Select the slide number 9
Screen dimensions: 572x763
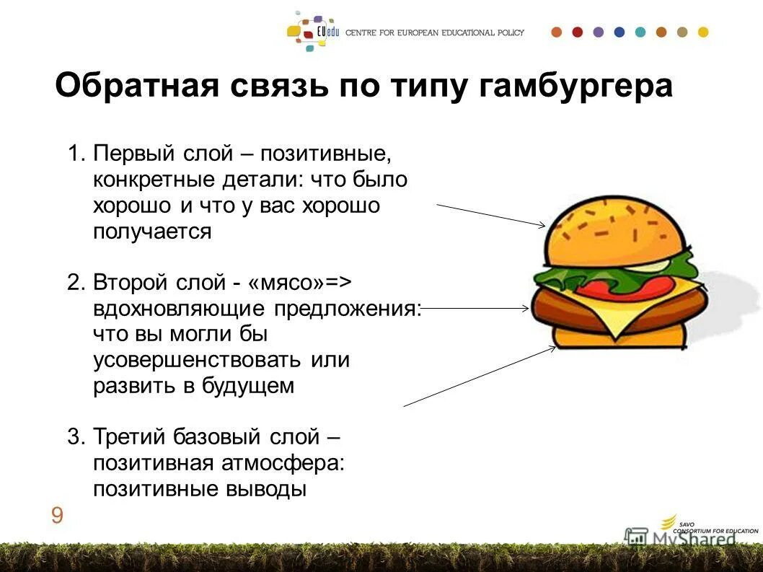coord(57,515)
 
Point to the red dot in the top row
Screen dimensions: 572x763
coord(577,32)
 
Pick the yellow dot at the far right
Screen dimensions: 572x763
coord(703,32)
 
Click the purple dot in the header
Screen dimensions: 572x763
coord(598,32)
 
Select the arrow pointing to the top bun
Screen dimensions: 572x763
coord(490,215)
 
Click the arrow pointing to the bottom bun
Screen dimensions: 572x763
coord(480,376)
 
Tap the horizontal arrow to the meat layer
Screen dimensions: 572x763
coord(476,309)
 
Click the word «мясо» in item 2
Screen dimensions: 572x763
coord(287,281)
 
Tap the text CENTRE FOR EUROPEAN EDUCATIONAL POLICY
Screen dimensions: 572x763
coord(435,32)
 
